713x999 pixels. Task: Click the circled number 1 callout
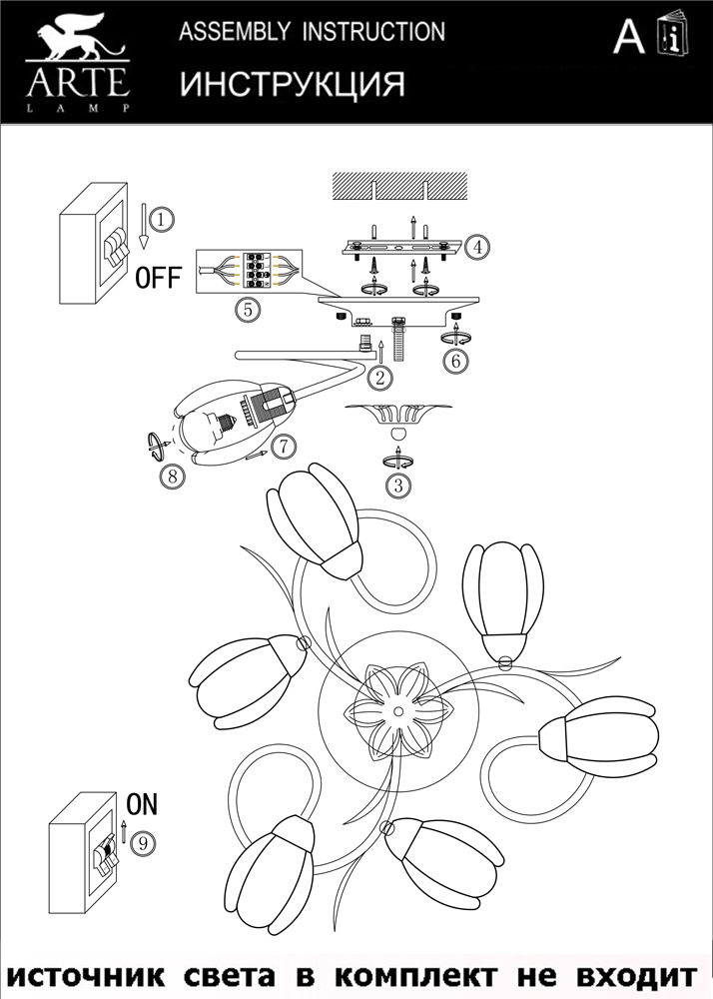(164, 217)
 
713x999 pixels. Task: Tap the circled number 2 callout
(377, 378)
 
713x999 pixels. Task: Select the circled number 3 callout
(398, 487)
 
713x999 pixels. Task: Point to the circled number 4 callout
(478, 245)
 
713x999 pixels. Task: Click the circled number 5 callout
(248, 310)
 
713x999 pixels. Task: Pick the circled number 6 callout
(455, 362)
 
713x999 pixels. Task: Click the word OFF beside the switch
(159, 278)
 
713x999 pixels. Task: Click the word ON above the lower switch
(142, 803)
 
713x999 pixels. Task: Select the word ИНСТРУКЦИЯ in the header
(293, 85)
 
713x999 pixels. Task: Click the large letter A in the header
(628, 37)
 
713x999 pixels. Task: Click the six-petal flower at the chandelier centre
(397, 712)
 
